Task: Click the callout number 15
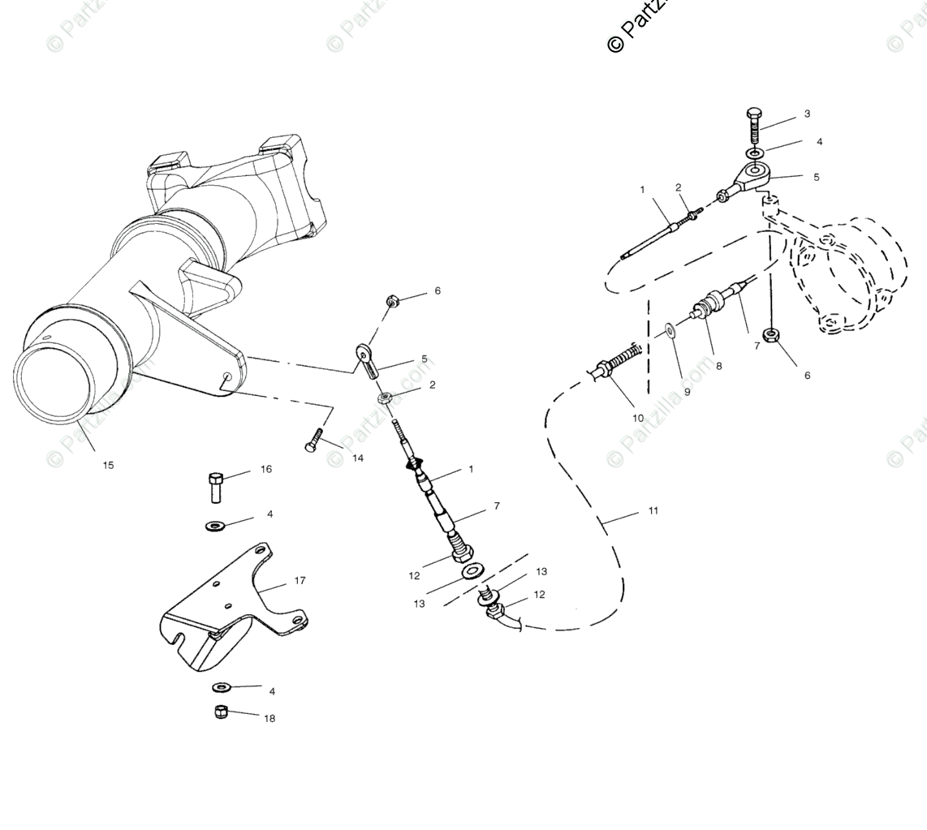(108, 465)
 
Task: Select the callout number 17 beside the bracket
(300, 581)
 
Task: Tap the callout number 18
(269, 719)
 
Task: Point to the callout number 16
(266, 470)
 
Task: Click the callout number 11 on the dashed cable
(653, 511)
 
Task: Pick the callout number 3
(807, 114)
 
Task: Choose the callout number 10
(638, 419)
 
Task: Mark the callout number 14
(358, 458)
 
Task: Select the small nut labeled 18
(221, 712)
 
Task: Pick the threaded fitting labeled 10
(616, 363)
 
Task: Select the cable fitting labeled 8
(705, 309)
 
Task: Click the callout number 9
(686, 392)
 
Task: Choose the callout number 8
(718, 366)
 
